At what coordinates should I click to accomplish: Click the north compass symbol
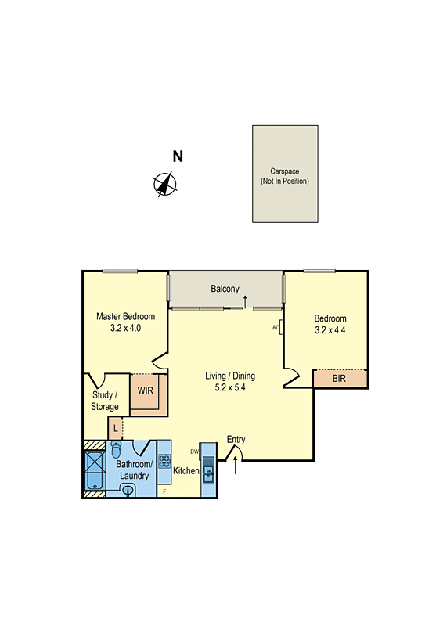(x=164, y=184)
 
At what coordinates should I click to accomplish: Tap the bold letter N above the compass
(x=178, y=156)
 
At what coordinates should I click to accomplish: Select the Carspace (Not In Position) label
(x=285, y=176)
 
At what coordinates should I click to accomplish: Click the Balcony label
(x=225, y=289)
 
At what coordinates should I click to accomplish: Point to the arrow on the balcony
(x=246, y=300)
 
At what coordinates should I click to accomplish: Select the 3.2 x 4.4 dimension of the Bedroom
(x=330, y=331)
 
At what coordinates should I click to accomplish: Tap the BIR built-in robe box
(x=339, y=379)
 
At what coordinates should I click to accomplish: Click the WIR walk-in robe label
(x=146, y=390)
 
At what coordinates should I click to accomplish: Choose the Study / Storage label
(x=106, y=401)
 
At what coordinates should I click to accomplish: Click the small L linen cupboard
(x=116, y=427)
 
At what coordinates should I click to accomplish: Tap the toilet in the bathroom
(x=116, y=450)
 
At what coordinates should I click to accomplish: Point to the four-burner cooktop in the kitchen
(x=164, y=461)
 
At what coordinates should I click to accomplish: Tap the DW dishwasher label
(x=194, y=452)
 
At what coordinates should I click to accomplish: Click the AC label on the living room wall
(x=276, y=327)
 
